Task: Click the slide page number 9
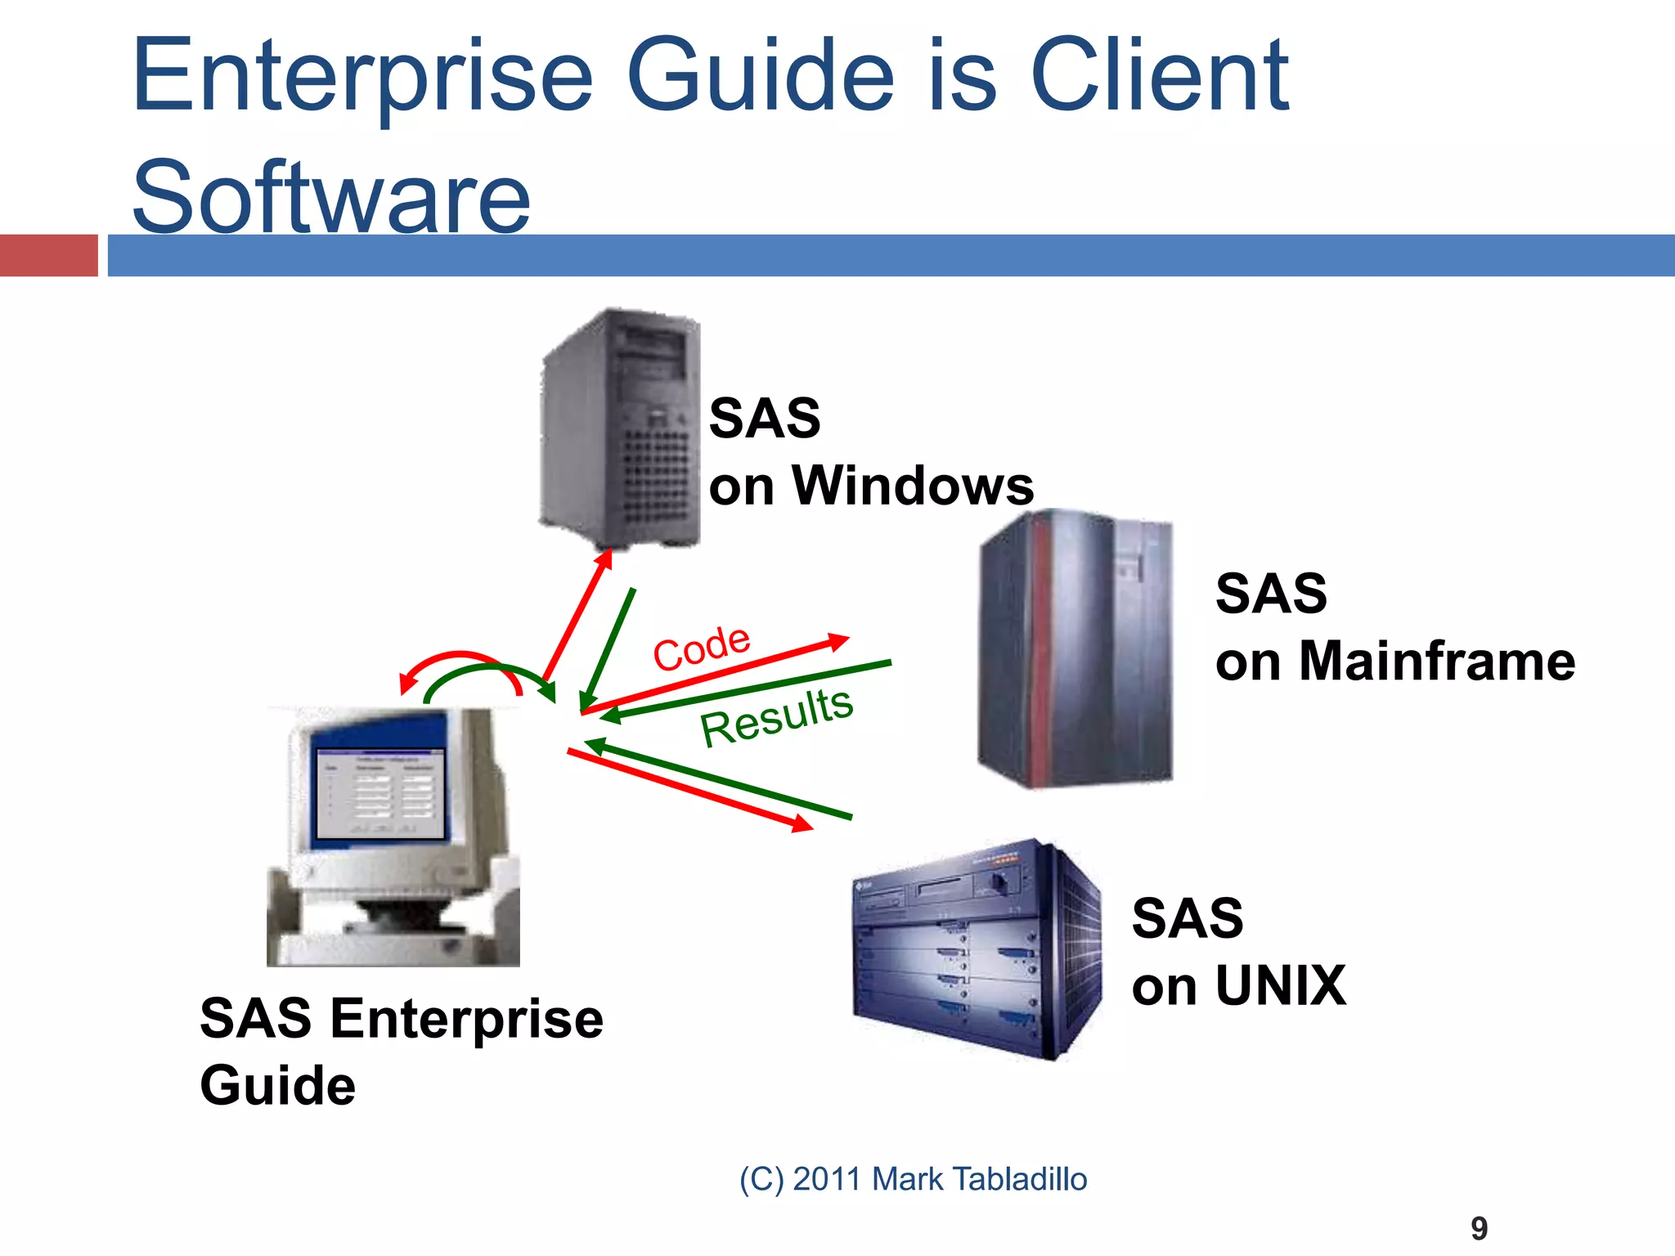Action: click(x=1479, y=1228)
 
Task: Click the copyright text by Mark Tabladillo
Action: click(x=913, y=1179)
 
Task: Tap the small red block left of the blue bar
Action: click(x=48, y=255)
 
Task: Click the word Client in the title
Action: click(x=1159, y=75)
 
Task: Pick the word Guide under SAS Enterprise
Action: click(x=278, y=1085)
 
